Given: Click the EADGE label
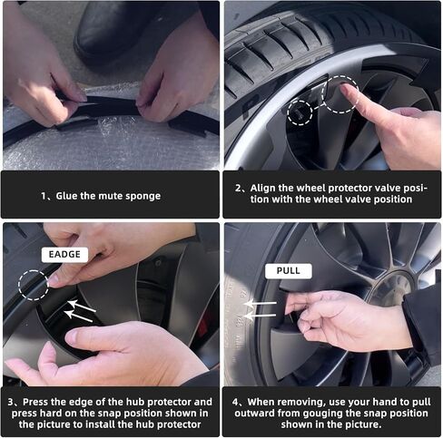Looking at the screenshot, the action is point(64,255).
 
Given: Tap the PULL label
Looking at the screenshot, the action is point(289,271).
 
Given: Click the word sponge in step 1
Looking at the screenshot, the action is point(143,196).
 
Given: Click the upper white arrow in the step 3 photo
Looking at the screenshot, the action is point(82,307).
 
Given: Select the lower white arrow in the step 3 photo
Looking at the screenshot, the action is point(79,316).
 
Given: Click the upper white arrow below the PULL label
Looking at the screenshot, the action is point(261,303).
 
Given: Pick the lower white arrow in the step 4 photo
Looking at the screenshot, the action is point(261,316).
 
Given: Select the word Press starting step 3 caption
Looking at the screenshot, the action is point(35,403).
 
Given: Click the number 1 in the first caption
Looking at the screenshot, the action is point(44,197).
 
